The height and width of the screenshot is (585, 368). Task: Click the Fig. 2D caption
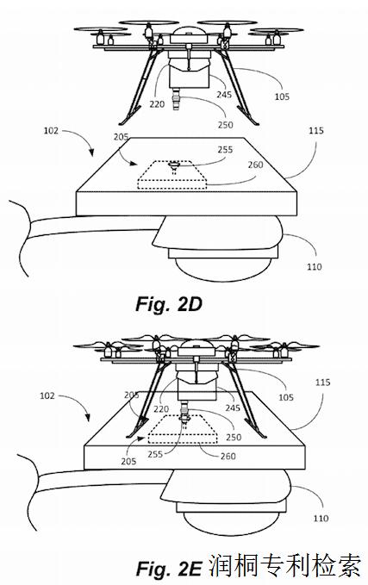169,303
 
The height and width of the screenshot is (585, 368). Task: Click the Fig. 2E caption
169,569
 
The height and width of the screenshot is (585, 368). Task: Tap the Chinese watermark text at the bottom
284,566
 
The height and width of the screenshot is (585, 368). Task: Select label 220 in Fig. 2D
157,104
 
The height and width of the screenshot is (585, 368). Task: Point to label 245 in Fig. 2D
224,95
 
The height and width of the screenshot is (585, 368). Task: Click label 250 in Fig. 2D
226,125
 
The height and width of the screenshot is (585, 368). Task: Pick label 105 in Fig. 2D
282,96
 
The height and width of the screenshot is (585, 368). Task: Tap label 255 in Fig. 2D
225,150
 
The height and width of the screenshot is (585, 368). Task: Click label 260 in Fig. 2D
255,165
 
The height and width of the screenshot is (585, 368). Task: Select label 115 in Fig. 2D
316,131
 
